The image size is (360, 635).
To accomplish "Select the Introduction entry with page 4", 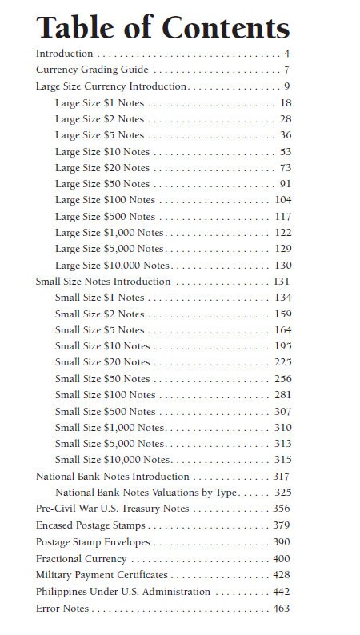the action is (65, 54).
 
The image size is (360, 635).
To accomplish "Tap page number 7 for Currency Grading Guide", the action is (286, 70).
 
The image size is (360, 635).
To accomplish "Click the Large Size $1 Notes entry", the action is (99, 103).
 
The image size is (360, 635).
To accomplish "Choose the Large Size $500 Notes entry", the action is (105, 216).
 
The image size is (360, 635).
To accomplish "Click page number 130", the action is (283, 265).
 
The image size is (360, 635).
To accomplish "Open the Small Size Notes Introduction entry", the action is (103, 282).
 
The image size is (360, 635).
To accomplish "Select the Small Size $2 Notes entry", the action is (99, 314).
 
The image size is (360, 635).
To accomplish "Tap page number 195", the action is (283, 346).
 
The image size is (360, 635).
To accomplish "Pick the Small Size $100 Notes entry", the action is (105, 394).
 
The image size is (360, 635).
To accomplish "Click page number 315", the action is (283, 459).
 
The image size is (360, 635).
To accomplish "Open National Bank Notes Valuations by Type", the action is (146, 492).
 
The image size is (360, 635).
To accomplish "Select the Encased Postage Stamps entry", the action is (90, 525).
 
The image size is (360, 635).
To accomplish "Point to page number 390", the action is (282, 541).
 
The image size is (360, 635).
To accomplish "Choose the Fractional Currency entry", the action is (81, 558).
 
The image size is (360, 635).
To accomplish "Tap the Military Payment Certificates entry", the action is (102, 574).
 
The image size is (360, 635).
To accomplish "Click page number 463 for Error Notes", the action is (282, 609).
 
